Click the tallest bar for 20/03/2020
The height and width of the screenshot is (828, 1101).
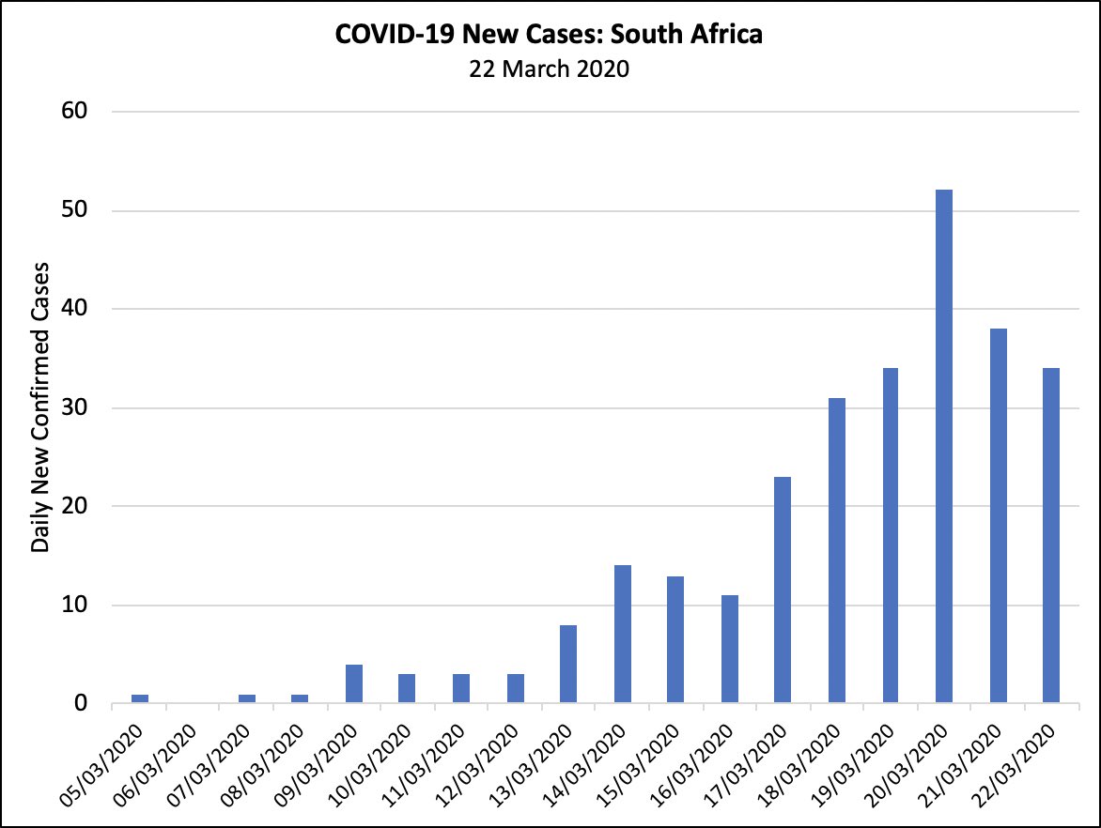point(943,446)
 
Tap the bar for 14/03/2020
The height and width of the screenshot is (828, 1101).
point(622,634)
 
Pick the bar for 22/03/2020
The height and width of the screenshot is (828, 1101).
point(1050,535)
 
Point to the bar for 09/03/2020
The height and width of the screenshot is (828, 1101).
point(354,683)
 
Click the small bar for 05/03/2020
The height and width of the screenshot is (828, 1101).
point(140,698)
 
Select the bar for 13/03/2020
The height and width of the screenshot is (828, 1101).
point(568,664)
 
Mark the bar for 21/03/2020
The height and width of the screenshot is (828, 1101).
point(997,515)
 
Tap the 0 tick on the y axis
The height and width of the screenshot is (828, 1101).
point(80,703)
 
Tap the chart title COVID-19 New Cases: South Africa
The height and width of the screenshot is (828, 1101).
point(550,36)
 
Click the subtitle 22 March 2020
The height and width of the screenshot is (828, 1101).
point(550,69)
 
